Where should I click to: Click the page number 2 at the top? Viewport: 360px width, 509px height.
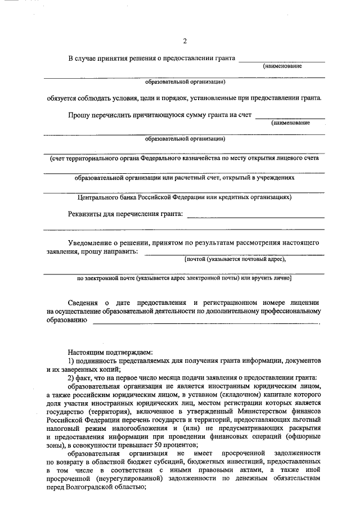184,40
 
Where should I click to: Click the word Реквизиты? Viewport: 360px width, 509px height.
84,214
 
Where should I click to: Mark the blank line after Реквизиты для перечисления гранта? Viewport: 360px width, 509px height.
255,216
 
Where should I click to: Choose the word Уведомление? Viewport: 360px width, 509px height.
93,243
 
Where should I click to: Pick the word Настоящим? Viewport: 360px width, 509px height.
85,350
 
